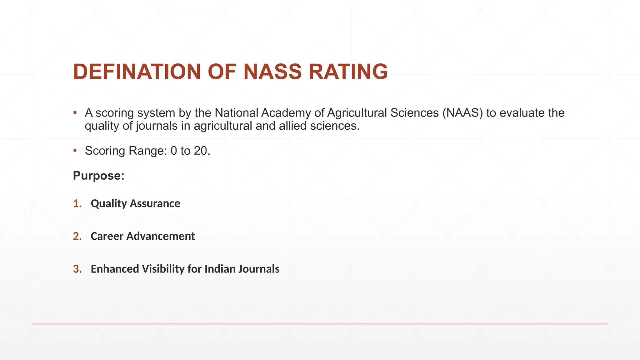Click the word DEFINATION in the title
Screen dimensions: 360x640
pos(137,72)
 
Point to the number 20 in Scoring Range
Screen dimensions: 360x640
pos(202,151)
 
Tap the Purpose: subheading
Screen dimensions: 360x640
pos(99,176)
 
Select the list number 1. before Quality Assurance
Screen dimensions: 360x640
pos(77,203)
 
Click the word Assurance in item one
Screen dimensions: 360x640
pos(155,203)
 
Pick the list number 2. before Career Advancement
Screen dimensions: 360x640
pos(77,236)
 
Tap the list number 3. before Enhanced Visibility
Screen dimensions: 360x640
pos(77,269)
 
